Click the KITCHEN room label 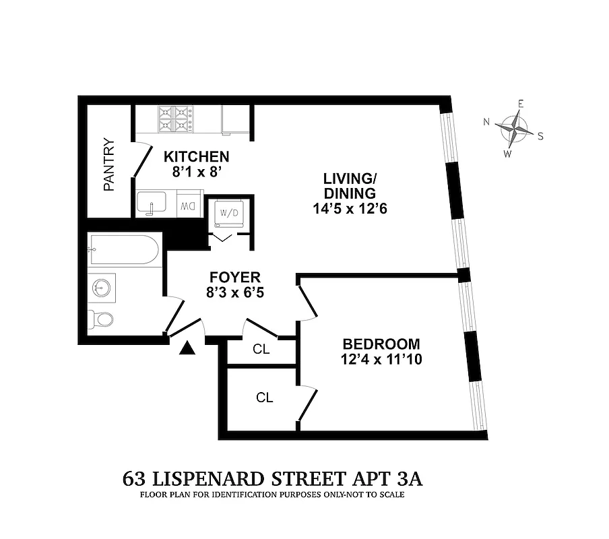tap(197, 156)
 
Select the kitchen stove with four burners tap(175, 119)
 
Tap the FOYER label tap(234, 277)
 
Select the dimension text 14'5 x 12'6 tap(349, 208)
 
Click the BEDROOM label tap(380, 344)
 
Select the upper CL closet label tap(261, 349)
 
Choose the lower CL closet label tap(264, 398)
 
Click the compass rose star tap(515, 128)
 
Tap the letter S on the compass tap(540, 135)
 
